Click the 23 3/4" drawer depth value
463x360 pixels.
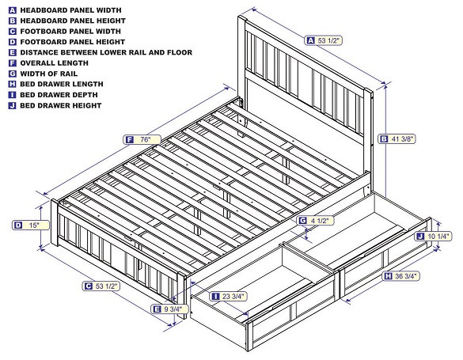click(234, 296)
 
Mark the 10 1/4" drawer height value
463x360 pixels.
click(439, 236)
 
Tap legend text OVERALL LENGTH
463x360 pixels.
click(55, 63)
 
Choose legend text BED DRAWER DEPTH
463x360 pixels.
click(60, 95)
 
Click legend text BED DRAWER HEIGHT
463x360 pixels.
click(63, 105)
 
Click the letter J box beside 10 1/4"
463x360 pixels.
click(419, 236)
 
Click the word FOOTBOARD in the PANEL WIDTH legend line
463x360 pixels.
click(46, 30)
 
